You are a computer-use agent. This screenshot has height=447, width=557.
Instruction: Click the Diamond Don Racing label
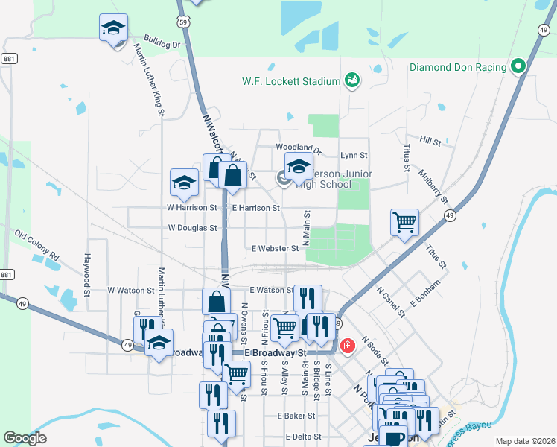coord(458,67)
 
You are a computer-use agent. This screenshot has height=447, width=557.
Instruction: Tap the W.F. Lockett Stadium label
coord(290,80)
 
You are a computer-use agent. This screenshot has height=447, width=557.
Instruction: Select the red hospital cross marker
coord(347,346)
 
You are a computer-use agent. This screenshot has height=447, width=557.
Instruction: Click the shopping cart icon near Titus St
coord(404,222)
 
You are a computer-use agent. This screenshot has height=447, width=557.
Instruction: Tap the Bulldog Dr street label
coord(162,45)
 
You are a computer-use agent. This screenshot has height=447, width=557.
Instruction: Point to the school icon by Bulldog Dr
coord(114,28)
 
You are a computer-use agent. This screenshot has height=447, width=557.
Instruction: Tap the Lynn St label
coord(354,155)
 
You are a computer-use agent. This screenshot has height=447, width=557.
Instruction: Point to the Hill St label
coord(430,140)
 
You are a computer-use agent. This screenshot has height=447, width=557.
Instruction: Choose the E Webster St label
coord(275,248)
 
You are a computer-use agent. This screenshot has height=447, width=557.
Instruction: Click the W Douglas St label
coord(192,228)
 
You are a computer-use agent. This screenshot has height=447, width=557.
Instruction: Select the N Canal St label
coord(391,302)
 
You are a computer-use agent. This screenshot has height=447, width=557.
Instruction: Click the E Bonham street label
coord(425,294)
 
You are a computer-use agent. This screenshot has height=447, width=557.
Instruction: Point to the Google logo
coord(25,438)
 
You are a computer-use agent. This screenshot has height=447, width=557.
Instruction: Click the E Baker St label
coord(296,416)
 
